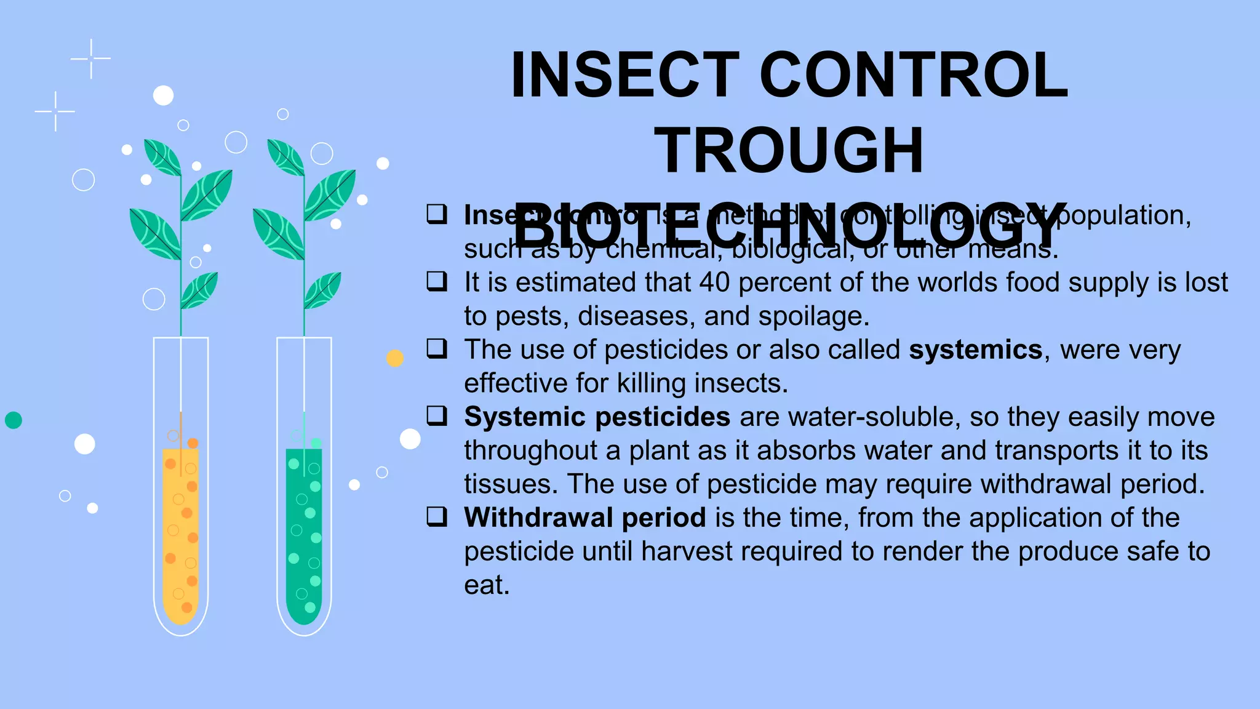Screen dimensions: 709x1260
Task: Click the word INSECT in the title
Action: click(624, 75)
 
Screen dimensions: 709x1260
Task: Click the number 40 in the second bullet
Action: click(714, 282)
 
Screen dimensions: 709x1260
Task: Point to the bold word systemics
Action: click(975, 350)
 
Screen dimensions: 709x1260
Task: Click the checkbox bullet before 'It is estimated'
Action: click(437, 282)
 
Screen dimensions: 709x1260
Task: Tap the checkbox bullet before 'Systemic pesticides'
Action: click(437, 416)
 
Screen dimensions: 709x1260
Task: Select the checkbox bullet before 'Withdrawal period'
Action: click(437, 517)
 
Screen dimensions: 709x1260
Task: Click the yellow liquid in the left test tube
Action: click(180, 535)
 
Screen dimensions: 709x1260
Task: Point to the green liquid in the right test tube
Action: click(304, 535)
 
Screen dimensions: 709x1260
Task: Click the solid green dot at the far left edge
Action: click(14, 420)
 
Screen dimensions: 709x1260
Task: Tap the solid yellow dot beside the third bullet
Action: click(395, 358)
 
